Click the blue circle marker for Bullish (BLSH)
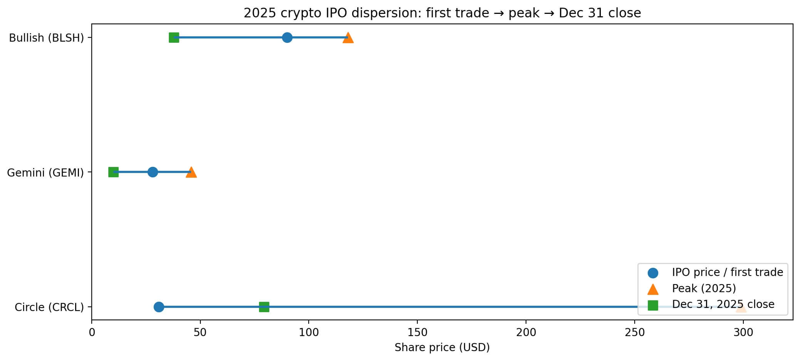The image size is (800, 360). (287, 37)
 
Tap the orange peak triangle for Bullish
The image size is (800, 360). (348, 38)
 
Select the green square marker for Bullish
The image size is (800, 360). (174, 37)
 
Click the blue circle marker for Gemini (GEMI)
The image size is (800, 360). (153, 172)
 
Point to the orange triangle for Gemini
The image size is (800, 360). (191, 172)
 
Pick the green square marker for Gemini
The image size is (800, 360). (113, 172)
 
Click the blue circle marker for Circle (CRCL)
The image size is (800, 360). (159, 307)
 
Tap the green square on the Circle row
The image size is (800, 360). (264, 307)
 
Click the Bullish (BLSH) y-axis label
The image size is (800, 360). (46, 38)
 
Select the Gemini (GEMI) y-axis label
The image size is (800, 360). (45, 173)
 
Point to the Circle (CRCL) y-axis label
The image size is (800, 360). (49, 307)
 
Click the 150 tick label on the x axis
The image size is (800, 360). (417, 332)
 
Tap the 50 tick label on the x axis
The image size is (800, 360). (200, 332)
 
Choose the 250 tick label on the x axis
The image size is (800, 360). (635, 332)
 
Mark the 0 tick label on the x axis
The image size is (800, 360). (92, 332)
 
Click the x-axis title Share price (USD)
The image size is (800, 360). (442, 348)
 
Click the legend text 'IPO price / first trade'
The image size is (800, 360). (727, 272)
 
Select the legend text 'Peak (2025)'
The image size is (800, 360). (704, 288)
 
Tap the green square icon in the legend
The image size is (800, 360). (653, 305)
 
